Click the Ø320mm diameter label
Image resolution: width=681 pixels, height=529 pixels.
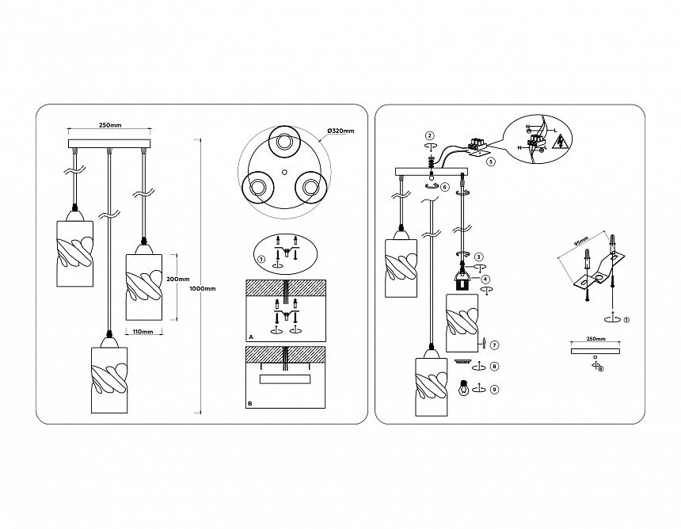(340, 131)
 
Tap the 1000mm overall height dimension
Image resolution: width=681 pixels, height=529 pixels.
(203, 288)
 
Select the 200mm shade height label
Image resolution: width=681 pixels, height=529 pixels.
(178, 279)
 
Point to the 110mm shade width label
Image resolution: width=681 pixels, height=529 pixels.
(143, 332)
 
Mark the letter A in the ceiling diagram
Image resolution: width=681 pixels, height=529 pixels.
(250, 337)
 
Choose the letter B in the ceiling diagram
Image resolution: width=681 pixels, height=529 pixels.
(250, 404)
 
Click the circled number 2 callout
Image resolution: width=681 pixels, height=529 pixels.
(428, 135)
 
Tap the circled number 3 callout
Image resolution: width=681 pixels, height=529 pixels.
(479, 257)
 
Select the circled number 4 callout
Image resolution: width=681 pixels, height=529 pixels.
(485, 278)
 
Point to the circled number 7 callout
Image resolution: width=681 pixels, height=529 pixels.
(493, 344)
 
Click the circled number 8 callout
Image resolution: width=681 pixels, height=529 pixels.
(493, 367)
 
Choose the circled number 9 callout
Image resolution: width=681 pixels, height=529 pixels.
(493, 389)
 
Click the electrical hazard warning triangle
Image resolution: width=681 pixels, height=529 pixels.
(561, 143)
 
